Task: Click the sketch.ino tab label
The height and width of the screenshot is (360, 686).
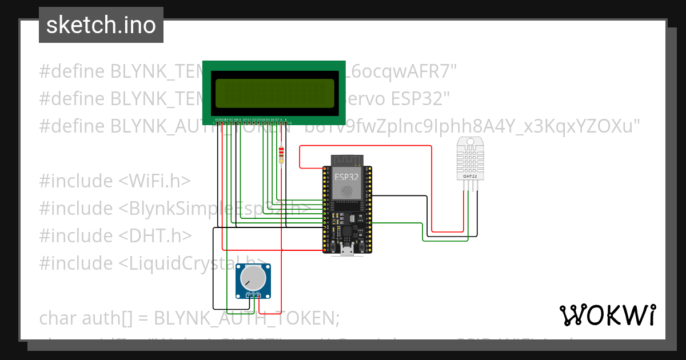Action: pos(101,25)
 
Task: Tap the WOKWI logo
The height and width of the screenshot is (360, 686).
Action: pos(607,315)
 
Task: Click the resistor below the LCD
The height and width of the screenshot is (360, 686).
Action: pos(281,154)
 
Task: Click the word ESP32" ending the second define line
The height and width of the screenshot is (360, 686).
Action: pos(417,99)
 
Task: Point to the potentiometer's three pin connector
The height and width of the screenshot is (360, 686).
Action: pos(253,295)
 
